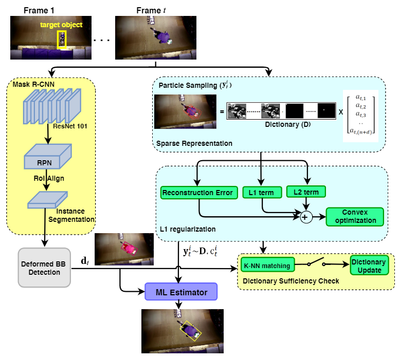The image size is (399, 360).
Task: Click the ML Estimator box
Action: point(182,293)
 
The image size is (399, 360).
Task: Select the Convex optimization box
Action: point(355,216)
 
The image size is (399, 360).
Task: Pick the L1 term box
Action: point(262,193)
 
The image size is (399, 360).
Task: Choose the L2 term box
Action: point(306,192)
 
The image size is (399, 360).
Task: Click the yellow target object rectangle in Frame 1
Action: point(63,40)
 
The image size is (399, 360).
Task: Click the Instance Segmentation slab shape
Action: point(47,200)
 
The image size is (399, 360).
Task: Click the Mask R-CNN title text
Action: point(30,84)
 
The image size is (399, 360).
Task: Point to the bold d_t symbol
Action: point(85,261)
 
